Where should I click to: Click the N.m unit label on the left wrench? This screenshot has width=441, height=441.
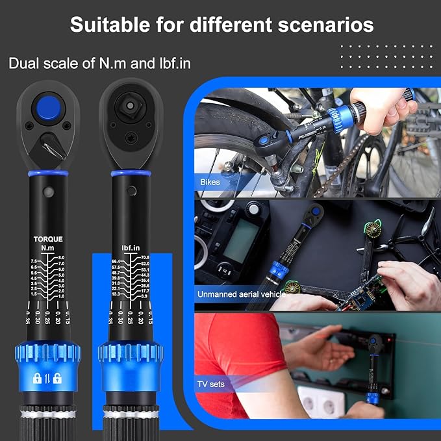47,247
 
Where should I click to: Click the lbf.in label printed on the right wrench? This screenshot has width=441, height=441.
131,247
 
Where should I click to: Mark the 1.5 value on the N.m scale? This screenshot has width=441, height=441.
34,294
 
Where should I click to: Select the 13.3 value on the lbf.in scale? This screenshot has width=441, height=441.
116,294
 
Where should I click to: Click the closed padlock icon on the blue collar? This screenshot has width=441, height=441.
37,378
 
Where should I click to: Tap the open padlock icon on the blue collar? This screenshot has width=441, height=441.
58,378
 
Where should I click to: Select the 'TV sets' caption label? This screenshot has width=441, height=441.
212,384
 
